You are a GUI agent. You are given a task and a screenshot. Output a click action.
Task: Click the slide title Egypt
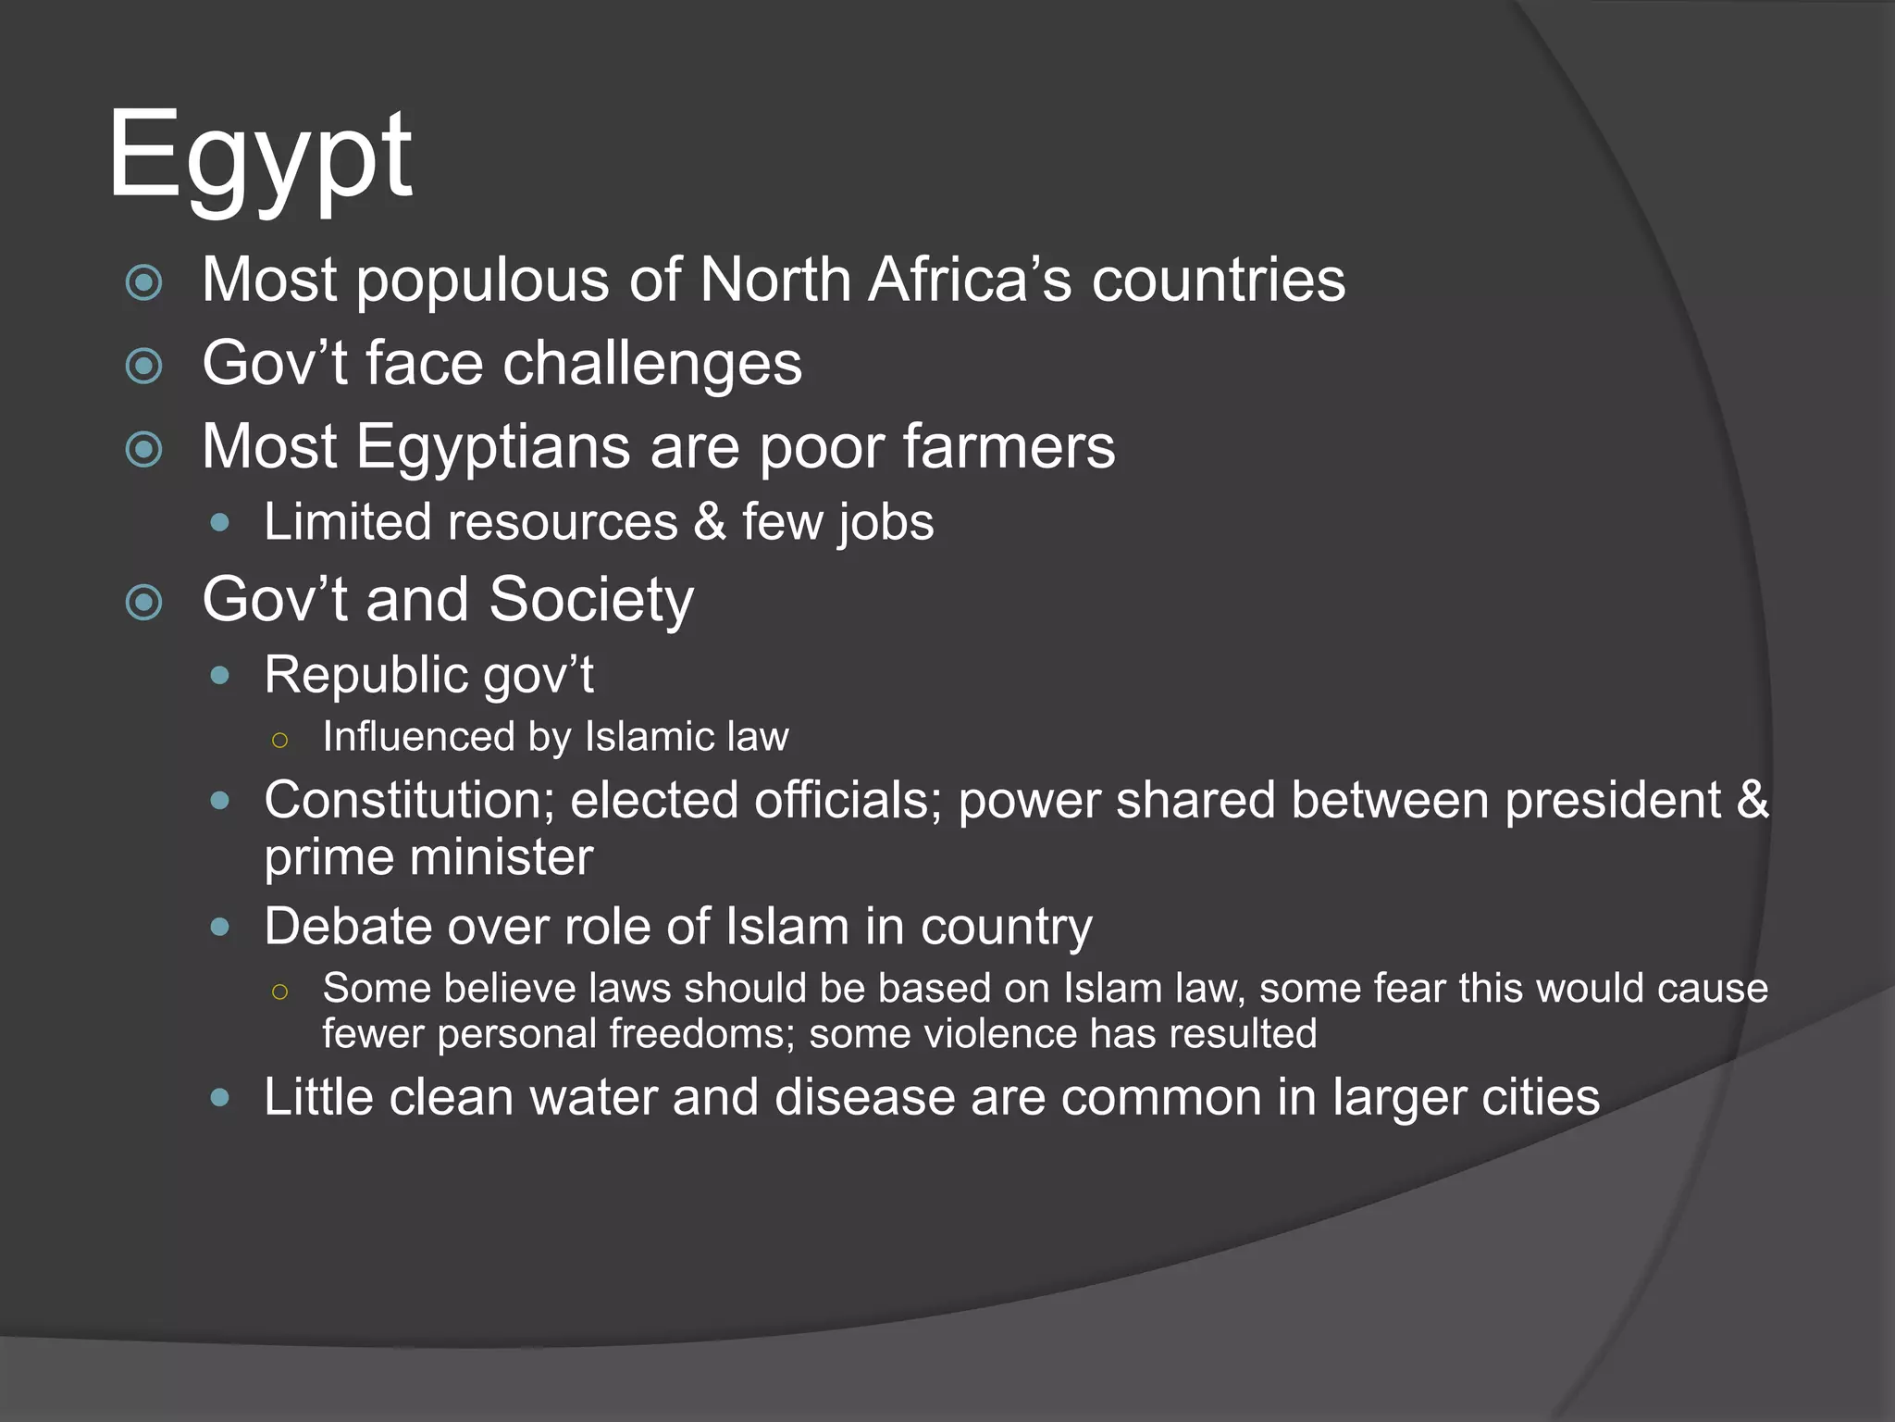point(260,157)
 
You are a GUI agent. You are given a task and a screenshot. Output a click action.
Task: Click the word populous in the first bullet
point(483,281)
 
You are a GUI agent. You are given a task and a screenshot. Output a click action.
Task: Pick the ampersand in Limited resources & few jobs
point(710,521)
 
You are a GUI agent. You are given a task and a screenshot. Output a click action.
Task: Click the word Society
point(591,600)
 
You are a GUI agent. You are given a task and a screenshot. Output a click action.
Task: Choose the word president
point(1612,800)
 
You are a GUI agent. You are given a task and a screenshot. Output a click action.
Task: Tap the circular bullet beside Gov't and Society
point(144,603)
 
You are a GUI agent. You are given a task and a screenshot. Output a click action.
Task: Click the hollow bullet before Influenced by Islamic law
point(280,739)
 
